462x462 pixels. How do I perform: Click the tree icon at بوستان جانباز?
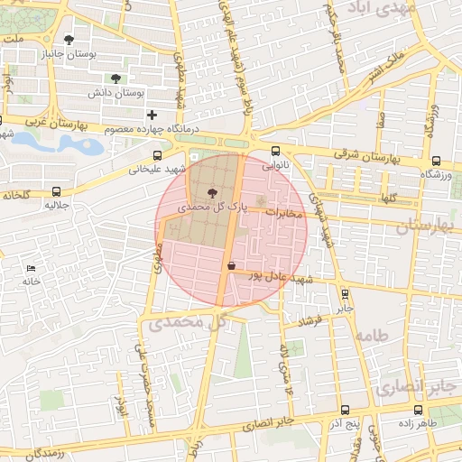coord(69,39)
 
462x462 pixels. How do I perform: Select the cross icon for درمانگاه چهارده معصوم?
coord(152,115)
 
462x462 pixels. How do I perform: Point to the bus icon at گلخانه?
coord(57,191)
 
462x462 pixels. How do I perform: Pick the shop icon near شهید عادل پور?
coord(232,266)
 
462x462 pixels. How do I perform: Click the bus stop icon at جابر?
coord(344,292)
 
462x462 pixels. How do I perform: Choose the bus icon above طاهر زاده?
coord(416,409)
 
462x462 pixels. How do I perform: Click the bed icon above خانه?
coord(32,268)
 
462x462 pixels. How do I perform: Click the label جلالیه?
coord(57,206)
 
